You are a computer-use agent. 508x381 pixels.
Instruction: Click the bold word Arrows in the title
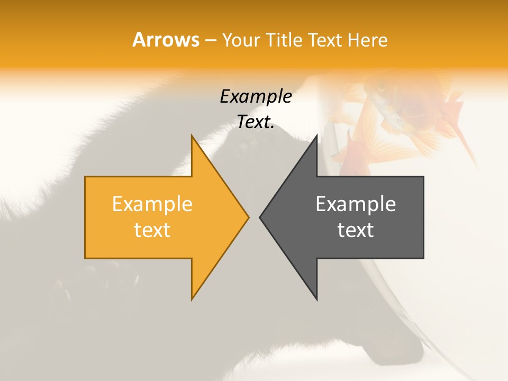pos(166,40)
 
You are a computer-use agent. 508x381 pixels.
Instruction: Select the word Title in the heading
pos(286,40)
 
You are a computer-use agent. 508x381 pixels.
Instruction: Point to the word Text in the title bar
pos(327,40)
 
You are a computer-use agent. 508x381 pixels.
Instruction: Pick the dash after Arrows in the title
pos(211,40)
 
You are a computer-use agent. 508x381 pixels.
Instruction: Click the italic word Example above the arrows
pos(256,97)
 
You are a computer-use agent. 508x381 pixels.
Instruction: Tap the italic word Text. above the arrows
pos(256,122)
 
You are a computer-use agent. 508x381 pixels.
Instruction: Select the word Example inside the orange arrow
pos(152,204)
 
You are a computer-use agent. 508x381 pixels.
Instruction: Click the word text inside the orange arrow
pos(152,230)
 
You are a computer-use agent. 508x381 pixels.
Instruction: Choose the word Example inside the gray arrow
pos(356,204)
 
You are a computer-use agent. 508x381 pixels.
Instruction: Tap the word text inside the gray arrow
pos(356,230)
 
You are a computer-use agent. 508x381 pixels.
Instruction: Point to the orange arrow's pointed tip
pos(248,217)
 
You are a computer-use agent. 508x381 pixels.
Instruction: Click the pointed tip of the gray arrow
pos(260,217)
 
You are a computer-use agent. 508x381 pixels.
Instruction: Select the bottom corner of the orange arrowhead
pos(192,299)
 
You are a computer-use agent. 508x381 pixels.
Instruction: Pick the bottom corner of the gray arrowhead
pos(316,299)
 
